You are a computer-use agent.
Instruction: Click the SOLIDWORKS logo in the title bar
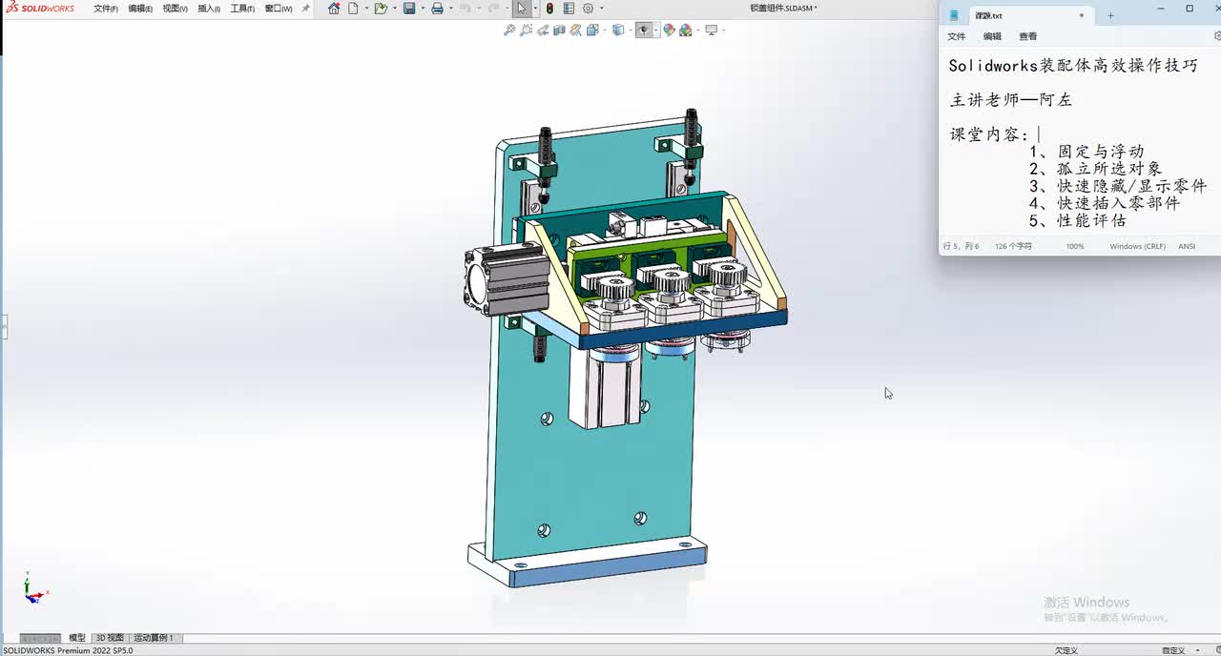click(39, 9)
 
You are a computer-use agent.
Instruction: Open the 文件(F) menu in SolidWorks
click(105, 9)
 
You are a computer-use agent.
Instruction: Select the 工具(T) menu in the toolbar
click(242, 9)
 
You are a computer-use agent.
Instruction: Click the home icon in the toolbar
click(334, 9)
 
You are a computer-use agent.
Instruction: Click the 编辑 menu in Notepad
click(992, 36)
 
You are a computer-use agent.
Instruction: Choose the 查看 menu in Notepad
click(1027, 36)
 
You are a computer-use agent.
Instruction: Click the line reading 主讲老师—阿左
click(1010, 100)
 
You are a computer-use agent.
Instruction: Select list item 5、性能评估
click(1077, 220)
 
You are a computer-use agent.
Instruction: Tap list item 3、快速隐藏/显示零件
click(1117, 186)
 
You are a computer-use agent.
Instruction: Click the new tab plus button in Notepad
click(1110, 15)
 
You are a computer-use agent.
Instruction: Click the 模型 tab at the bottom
click(77, 638)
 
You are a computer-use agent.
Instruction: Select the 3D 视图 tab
click(110, 638)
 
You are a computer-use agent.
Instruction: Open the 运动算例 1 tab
click(153, 638)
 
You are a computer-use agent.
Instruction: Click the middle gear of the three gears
click(665, 280)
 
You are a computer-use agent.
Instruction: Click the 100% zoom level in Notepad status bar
click(1075, 246)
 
